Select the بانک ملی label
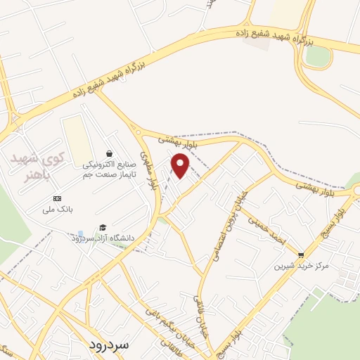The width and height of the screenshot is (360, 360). click(x=58, y=210)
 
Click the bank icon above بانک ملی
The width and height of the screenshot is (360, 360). click(x=58, y=199)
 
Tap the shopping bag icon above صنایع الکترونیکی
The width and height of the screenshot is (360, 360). click(x=109, y=154)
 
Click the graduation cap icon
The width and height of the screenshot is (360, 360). click(x=103, y=227)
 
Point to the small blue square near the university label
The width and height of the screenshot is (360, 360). click(x=80, y=233)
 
